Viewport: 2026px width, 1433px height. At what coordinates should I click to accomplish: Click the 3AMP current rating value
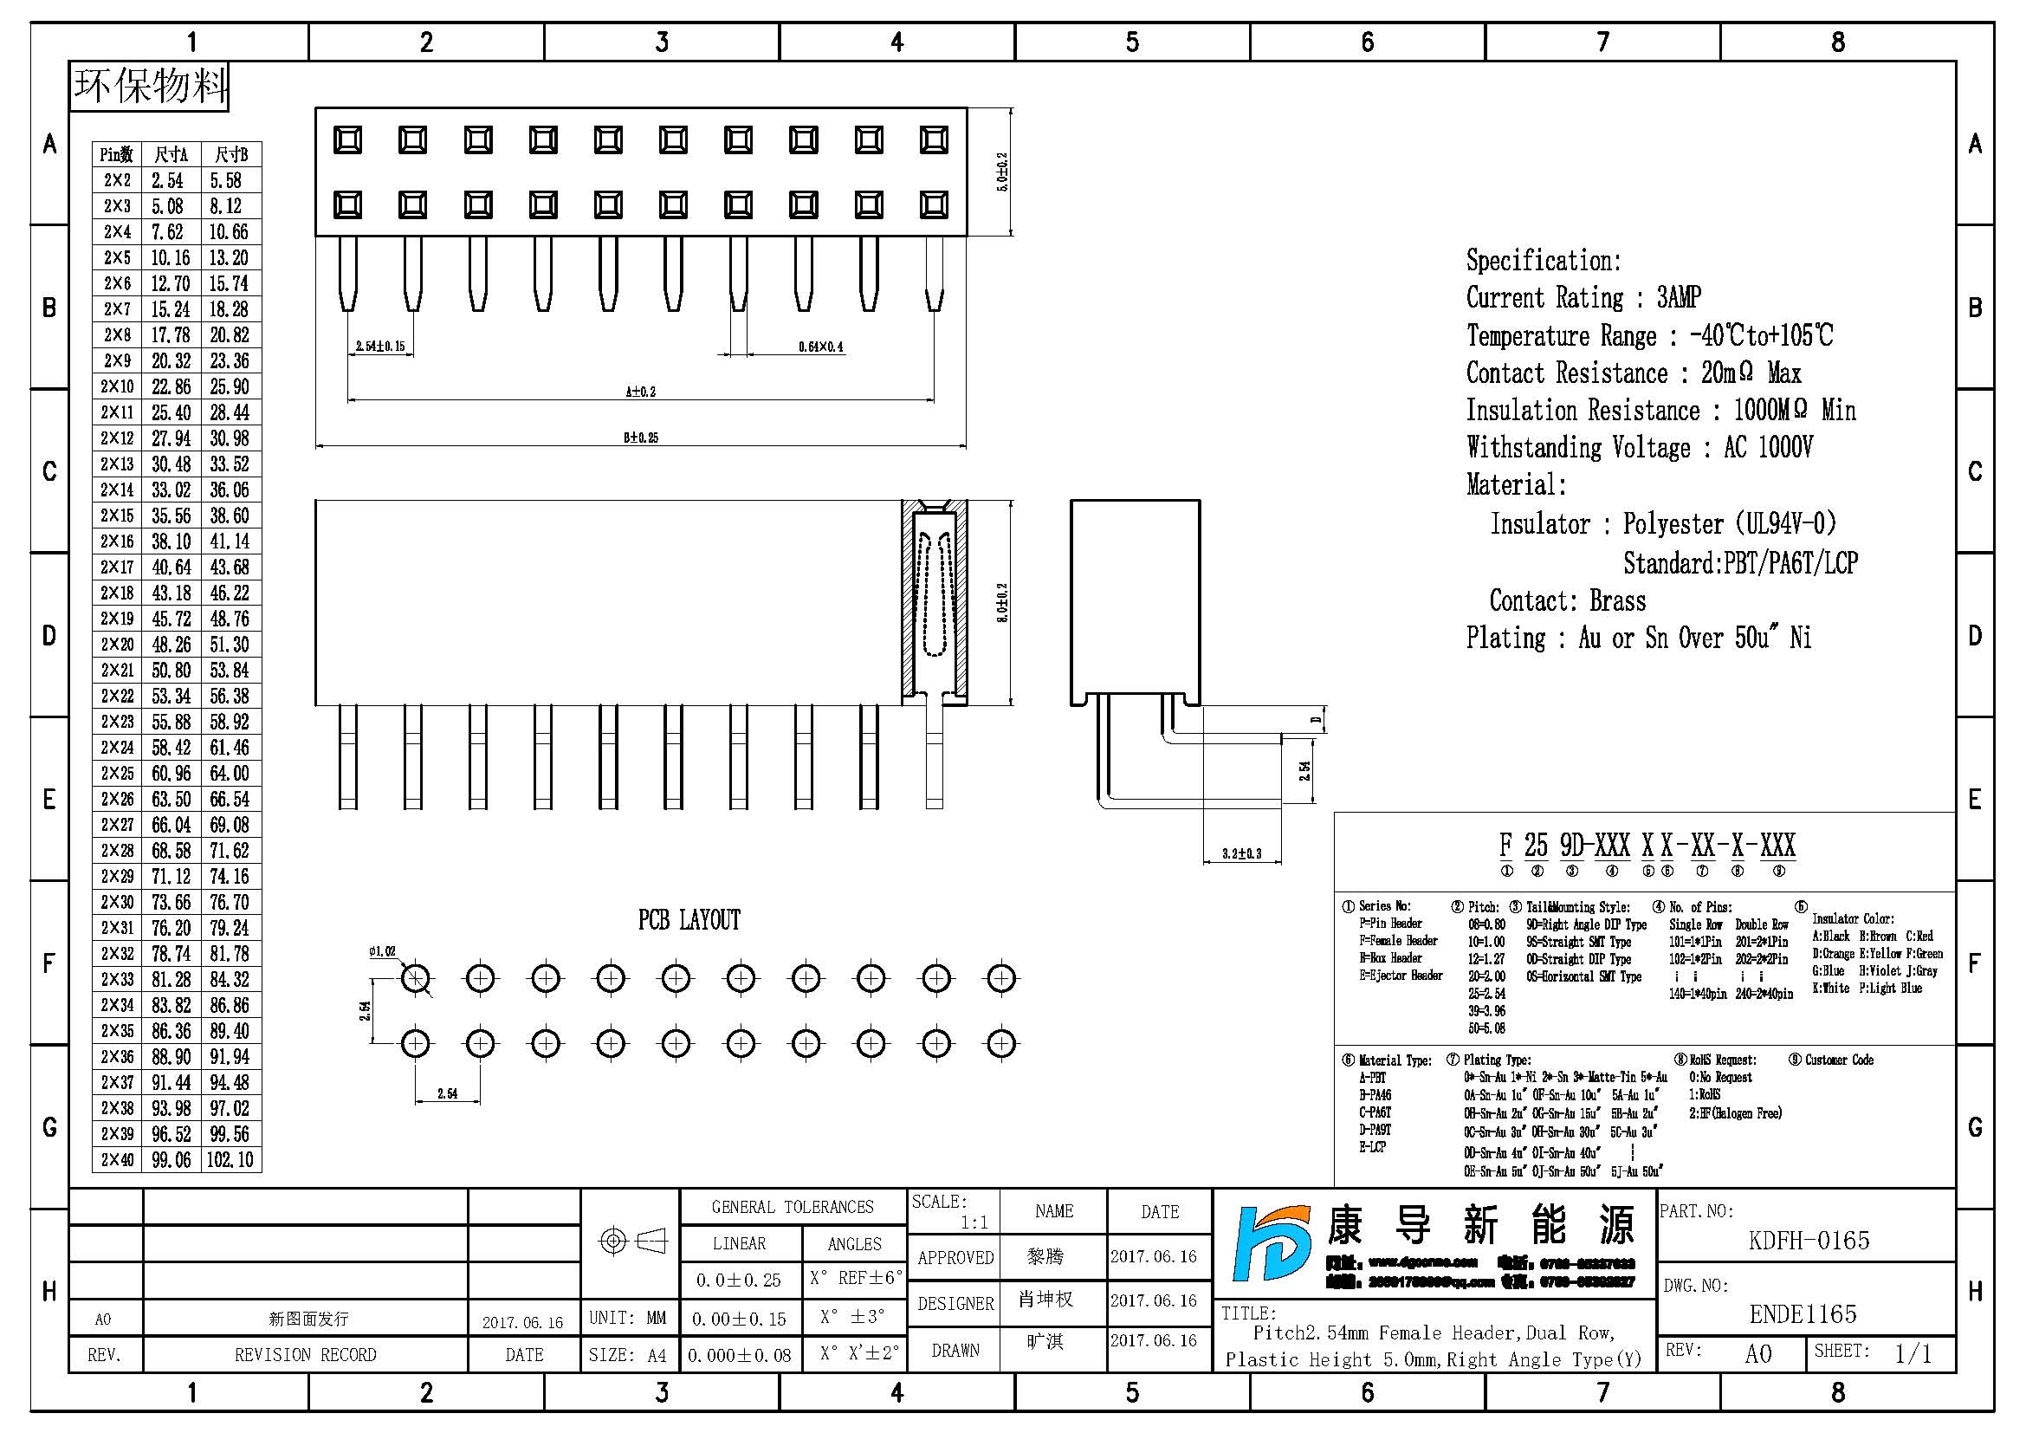tap(1679, 298)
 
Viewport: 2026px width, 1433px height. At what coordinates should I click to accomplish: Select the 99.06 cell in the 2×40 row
tap(172, 1159)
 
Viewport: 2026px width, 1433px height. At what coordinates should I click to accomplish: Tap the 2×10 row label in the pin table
tap(117, 386)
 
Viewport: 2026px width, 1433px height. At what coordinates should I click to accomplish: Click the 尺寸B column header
tap(231, 155)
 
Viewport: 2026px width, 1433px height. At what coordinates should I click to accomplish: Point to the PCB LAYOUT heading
tap(689, 920)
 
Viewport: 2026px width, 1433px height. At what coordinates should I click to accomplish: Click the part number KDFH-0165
tap(1808, 1241)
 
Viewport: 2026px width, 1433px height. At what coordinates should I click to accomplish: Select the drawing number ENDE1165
tap(1803, 1315)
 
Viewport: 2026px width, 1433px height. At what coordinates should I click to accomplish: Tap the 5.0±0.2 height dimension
tap(1001, 172)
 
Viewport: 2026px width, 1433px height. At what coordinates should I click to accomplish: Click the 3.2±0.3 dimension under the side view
tap(1241, 853)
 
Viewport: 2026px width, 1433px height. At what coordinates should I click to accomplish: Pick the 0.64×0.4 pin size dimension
tap(820, 347)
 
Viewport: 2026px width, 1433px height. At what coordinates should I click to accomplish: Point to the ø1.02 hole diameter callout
tap(382, 951)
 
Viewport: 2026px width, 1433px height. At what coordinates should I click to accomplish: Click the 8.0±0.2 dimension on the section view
tap(1002, 603)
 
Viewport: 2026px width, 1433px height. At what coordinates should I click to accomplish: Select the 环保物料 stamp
tap(149, 87)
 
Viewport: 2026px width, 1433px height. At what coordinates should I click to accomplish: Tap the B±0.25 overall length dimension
tap(641, 438)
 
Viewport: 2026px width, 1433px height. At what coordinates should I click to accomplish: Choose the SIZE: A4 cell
tap(627, 1355)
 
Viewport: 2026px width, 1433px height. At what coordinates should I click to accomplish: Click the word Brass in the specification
tap(1617, 602)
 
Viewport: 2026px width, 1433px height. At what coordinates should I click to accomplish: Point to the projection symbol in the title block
tap(632, 1242)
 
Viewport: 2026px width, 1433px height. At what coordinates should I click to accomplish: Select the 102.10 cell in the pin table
tap(230, 1159)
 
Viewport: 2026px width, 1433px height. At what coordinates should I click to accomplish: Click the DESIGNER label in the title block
tap(955, 1303)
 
